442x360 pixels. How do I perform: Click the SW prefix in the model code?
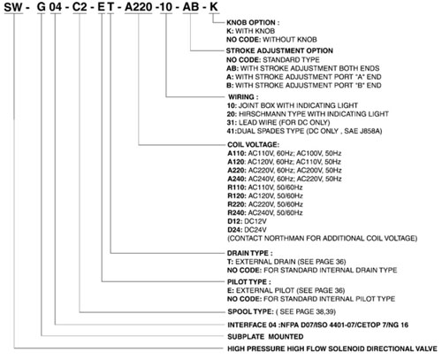[13, 7]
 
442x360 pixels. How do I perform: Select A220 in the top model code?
[138, 7]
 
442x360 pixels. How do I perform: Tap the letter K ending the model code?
[214, 7]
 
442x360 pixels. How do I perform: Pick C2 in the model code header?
[80, 7]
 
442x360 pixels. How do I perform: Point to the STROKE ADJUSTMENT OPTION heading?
[279, 50]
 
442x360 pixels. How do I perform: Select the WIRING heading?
[243, 97]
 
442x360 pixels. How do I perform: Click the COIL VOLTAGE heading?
[253, 145]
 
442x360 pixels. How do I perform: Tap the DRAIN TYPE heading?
[249, 253]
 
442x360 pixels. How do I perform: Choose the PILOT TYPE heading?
[249, 282]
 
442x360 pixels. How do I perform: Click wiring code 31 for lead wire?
[232, 123]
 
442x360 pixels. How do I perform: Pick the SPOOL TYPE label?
[250, 311]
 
